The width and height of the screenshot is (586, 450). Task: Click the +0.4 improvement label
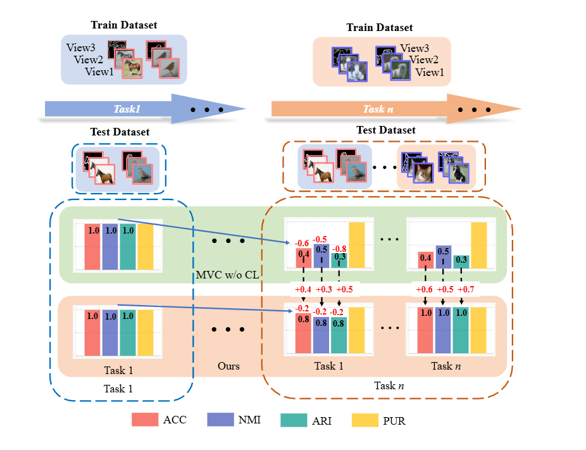click(303, 289)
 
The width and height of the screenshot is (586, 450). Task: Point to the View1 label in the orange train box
click(430, 73)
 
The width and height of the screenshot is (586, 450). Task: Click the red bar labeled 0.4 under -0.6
click(303, 258)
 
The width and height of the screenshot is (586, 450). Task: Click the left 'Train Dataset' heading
click(123, 25)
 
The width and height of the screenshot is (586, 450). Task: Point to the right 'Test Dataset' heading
click(386, 130)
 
